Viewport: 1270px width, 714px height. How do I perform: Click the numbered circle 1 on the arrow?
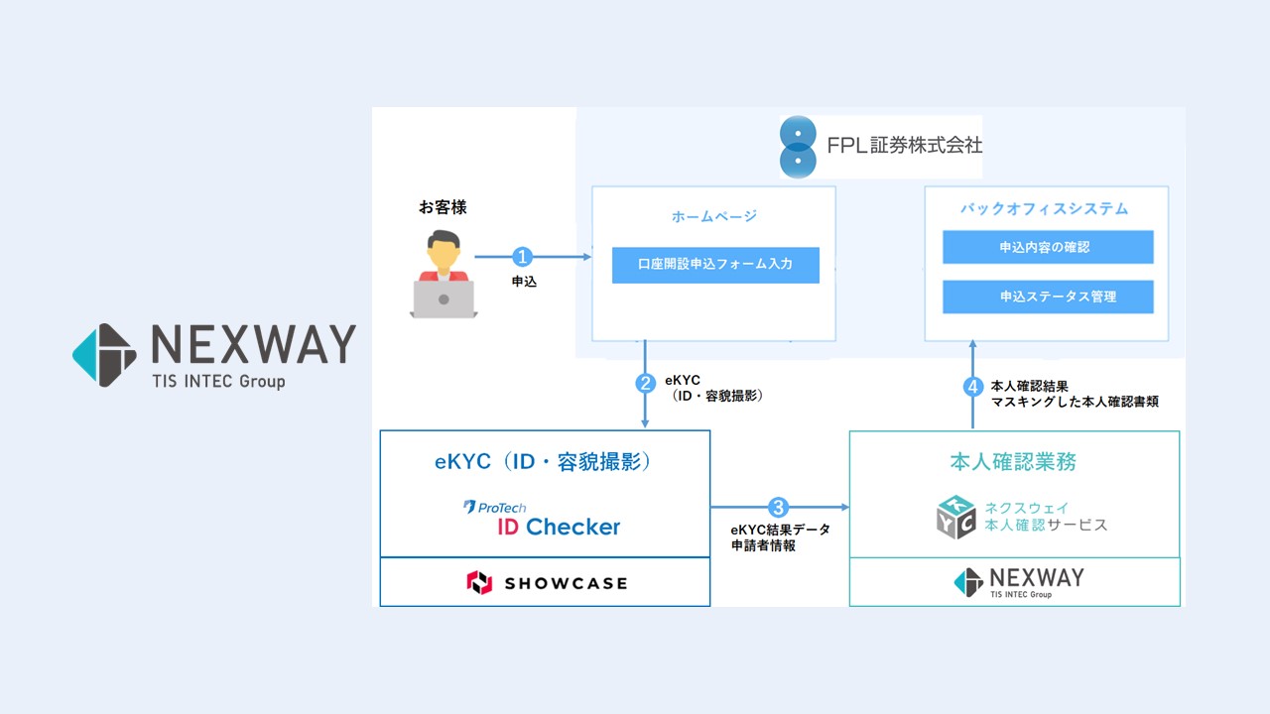click(523, 257)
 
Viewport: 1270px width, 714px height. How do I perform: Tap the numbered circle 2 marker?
click(646, 384)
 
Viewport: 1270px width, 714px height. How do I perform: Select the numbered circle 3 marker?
click(779, 507)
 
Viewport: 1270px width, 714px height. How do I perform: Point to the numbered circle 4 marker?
click(973, 387)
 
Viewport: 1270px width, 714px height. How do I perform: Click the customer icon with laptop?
click(443, 275)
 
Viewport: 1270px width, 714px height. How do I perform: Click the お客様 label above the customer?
click(443, 208)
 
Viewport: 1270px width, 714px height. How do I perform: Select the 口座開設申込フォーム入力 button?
click(715, 266)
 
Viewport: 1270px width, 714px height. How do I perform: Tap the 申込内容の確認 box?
click(1048, 247)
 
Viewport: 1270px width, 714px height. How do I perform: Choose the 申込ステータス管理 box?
click(1048, 297)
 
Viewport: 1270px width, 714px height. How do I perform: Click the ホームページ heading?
click(714, 216)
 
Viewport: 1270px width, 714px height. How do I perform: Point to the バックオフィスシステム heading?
click(1045, 209)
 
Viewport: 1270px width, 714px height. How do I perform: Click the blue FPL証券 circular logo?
click(799, 147)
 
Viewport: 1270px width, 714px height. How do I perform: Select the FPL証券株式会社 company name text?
click(904, 145)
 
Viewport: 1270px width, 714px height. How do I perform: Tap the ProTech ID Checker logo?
click(543, 519)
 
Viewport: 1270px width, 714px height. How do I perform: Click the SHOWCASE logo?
click(547, 582)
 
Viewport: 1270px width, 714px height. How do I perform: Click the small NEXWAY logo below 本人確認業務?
click(1018, 582)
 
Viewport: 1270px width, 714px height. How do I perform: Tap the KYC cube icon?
click(955, 517)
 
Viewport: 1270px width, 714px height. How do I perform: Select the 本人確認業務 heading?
click(1013, 462)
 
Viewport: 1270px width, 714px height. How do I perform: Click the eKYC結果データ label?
click(780, 530)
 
